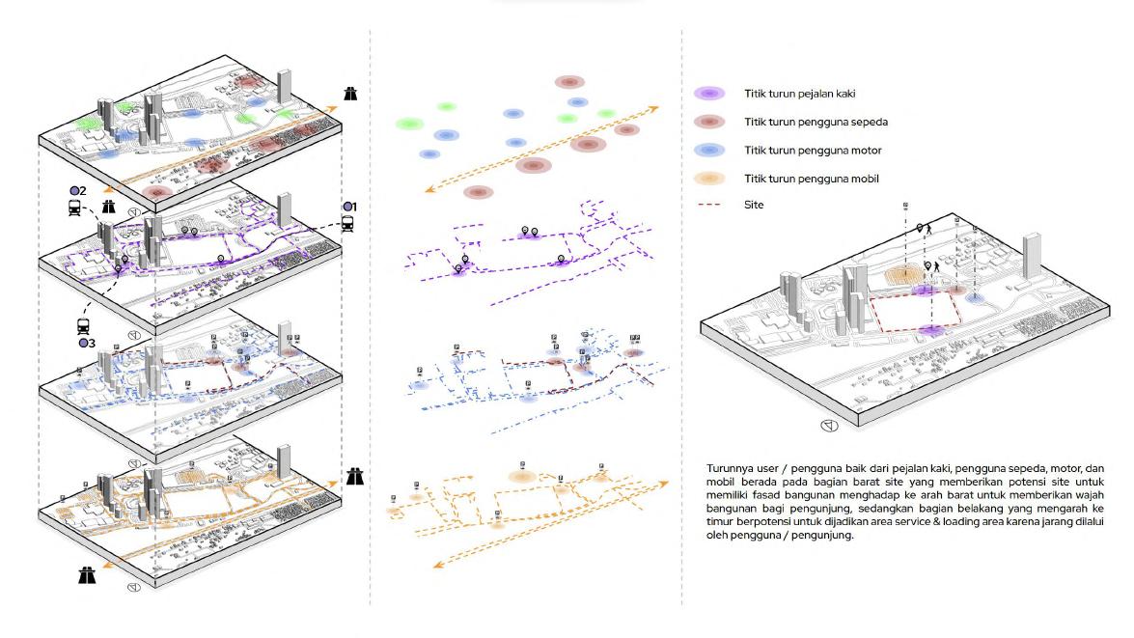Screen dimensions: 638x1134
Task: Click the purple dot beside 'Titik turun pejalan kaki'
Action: pyautogui.click(x=709, y=94)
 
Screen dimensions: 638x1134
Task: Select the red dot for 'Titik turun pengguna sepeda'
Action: pyautogui.click(x=709, y=122)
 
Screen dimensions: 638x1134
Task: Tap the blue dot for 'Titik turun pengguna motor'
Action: pyautogui.click(x=709, y=151)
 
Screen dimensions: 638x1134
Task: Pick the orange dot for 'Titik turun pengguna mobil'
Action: pyautogui.click(x=709, y=179)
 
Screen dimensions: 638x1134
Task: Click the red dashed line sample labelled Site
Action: pyautogui.click(x=709, y=205)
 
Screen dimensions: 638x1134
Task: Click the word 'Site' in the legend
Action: pyautogui.click(x=754, y=205)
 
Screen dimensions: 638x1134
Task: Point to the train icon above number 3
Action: pyautogui.click(x=84, y=326)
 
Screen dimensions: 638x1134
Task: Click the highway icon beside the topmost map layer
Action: pyautogui.click(x=350, y=94)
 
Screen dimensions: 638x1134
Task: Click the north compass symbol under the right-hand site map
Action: pyautogui.click(x=827, y=425)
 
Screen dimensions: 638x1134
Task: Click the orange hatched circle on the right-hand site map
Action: pyautogui.click(x=906, y=275)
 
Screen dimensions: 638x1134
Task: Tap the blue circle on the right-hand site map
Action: pyautogui.click(x=976, y=298)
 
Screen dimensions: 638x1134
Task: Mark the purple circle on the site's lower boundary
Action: pyautogui.click(x=931, y=331)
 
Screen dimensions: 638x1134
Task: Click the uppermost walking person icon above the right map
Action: pyautogui.click(x=925, y=230)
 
